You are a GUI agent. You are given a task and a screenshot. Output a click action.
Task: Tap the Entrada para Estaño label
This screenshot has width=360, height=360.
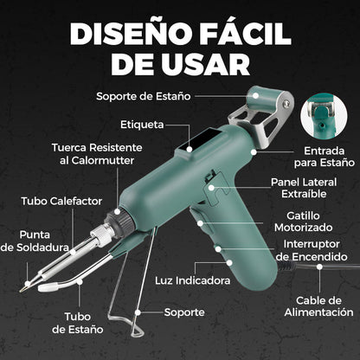pos(324,156)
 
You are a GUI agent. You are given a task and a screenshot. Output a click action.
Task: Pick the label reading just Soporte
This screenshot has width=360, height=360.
pos(185,311)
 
